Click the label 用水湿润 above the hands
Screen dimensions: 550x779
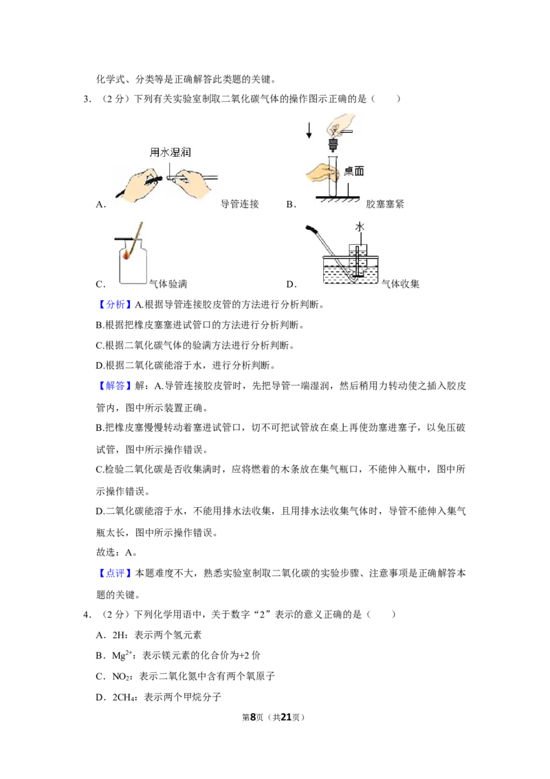170,152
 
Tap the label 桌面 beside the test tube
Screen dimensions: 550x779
354,171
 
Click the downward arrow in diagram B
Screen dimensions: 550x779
309,130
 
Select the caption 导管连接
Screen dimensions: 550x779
240,204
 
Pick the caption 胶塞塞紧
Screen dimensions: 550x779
385,204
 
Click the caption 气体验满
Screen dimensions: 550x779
168,284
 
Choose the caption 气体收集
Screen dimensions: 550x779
401,284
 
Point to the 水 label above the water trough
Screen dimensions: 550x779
360,227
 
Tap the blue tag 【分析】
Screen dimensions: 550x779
115,305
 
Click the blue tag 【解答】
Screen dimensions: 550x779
115,385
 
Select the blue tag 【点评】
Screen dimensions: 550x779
115,573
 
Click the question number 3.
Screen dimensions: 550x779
87,99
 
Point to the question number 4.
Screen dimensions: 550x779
87,615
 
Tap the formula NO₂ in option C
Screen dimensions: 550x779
122,676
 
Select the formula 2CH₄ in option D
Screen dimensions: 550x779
124,698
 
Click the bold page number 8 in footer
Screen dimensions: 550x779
253,717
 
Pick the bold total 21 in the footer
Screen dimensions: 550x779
286,717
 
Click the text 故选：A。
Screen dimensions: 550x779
117,553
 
